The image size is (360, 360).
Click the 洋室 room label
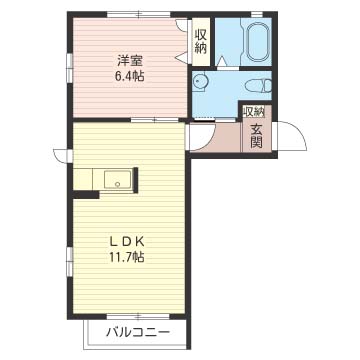tap(130, 61)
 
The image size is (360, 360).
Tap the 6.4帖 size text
tap(130, 77)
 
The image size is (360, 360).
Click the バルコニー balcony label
tap(138, 332)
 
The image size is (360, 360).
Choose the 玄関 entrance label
tap(256, 136)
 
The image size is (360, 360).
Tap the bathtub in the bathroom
tap(259, 42)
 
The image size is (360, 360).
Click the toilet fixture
tap(258, 86)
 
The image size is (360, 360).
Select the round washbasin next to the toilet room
tap(200, 82)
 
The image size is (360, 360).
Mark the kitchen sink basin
tap(119, 180)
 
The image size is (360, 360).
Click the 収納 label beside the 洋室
tap(201, 41)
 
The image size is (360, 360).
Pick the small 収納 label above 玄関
tap(254, 112)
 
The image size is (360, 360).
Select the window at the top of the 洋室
tap(139, 14)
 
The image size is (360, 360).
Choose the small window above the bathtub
tap(257, 14)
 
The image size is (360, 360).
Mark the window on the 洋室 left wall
tap(70, 68)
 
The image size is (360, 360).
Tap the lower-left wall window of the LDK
tap(70, 261)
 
